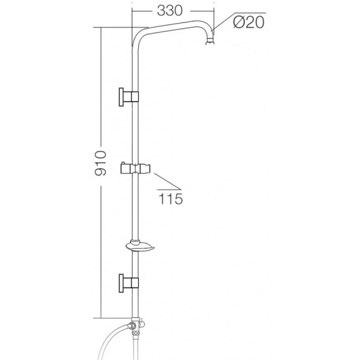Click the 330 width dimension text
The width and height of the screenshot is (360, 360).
(x=170, y=11)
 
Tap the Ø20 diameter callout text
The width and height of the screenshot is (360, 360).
(x=249, y=22)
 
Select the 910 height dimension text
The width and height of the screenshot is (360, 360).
(x=101, y=163)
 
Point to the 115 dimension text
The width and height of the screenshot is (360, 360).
(x=171, y=199)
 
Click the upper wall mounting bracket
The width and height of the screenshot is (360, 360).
(x=129, y=97)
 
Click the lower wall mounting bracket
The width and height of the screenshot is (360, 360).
(x=129, y=283)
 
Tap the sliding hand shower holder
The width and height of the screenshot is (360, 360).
(x=135, y=168)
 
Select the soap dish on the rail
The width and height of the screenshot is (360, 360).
(x=140, y=246)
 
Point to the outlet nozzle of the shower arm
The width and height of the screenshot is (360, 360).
(x=210, y=43)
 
